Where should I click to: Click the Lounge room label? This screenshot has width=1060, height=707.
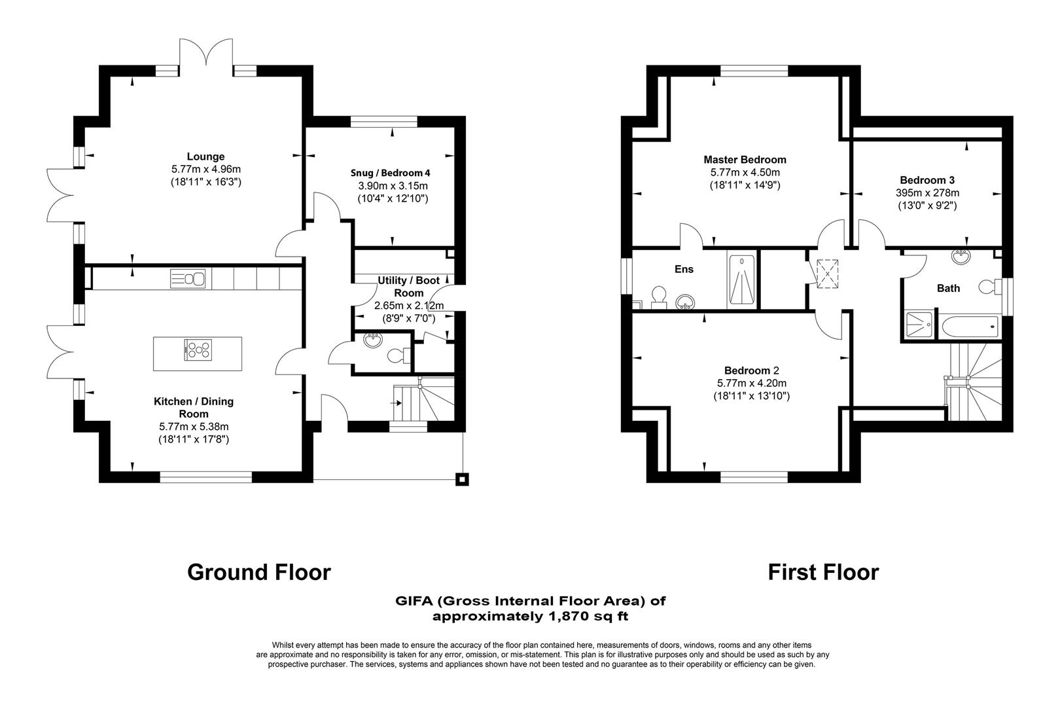[x=205, y=156]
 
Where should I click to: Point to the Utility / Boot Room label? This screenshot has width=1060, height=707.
[x=408, y=287]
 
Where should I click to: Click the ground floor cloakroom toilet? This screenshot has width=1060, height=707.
[x=397, y=355]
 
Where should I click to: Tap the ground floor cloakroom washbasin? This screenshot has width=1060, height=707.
[x=373, y=340]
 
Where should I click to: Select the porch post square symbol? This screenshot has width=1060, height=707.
[x=463, y=479]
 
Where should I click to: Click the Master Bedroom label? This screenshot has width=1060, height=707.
[x=745, y=160]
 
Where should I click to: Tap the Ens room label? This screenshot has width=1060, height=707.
[x=684, y=269]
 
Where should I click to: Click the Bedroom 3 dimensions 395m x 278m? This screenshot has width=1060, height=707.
[x=927, y=193]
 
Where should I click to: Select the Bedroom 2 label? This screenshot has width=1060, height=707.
[x=751, y=371]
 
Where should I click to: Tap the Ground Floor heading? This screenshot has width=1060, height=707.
[x=259, y=572]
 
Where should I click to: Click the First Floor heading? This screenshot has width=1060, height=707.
[x=823, y=572]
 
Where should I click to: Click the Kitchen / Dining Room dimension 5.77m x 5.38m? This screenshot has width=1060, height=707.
[x=194, y=427]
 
